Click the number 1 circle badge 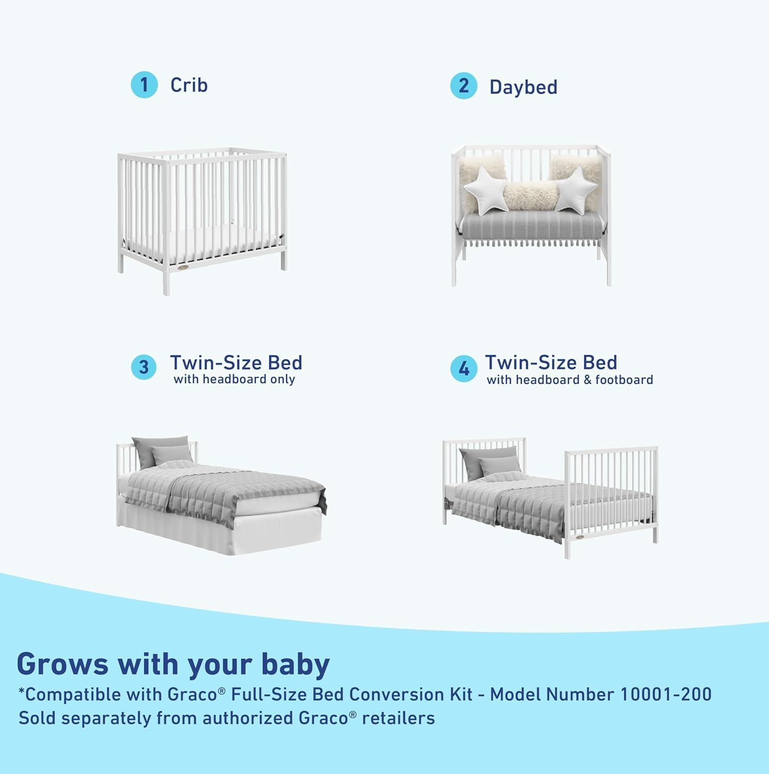point(144,85)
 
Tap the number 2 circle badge point(463,86)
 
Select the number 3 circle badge point(144,367)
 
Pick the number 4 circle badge point(463,368)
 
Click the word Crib point(189,85)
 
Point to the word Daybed point(523,87)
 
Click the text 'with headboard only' point(234,379)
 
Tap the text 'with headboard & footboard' point(570,380)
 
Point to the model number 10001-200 point(665,694)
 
